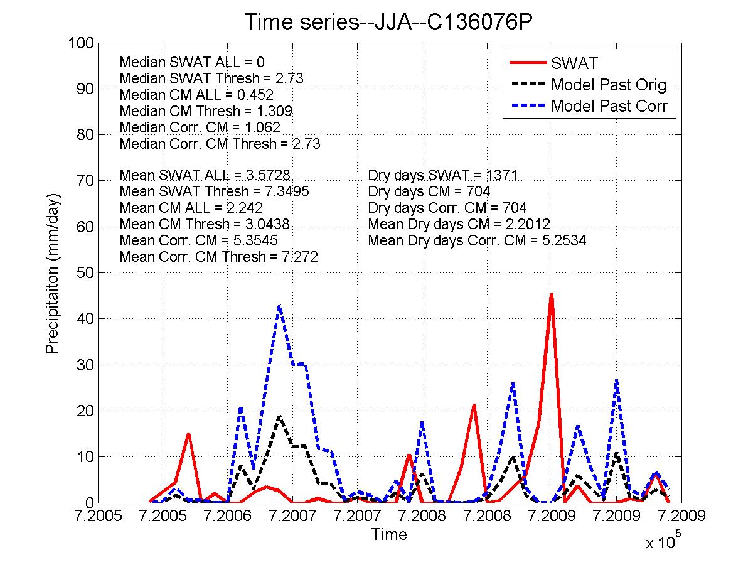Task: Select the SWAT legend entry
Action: (574, 63)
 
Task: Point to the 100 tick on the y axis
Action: (82, 43)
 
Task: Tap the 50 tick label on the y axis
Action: (85, 273)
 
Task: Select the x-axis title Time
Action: (389, 535)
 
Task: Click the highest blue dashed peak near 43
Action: (279, 306)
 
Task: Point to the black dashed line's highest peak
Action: (279, 416)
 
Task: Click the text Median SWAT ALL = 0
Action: (192, 62)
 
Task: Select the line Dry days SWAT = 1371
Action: (443, 176)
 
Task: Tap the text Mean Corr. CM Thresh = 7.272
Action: (219, 257)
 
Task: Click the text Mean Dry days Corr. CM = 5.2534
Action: (477, 240)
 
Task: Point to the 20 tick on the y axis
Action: (85, 411)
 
